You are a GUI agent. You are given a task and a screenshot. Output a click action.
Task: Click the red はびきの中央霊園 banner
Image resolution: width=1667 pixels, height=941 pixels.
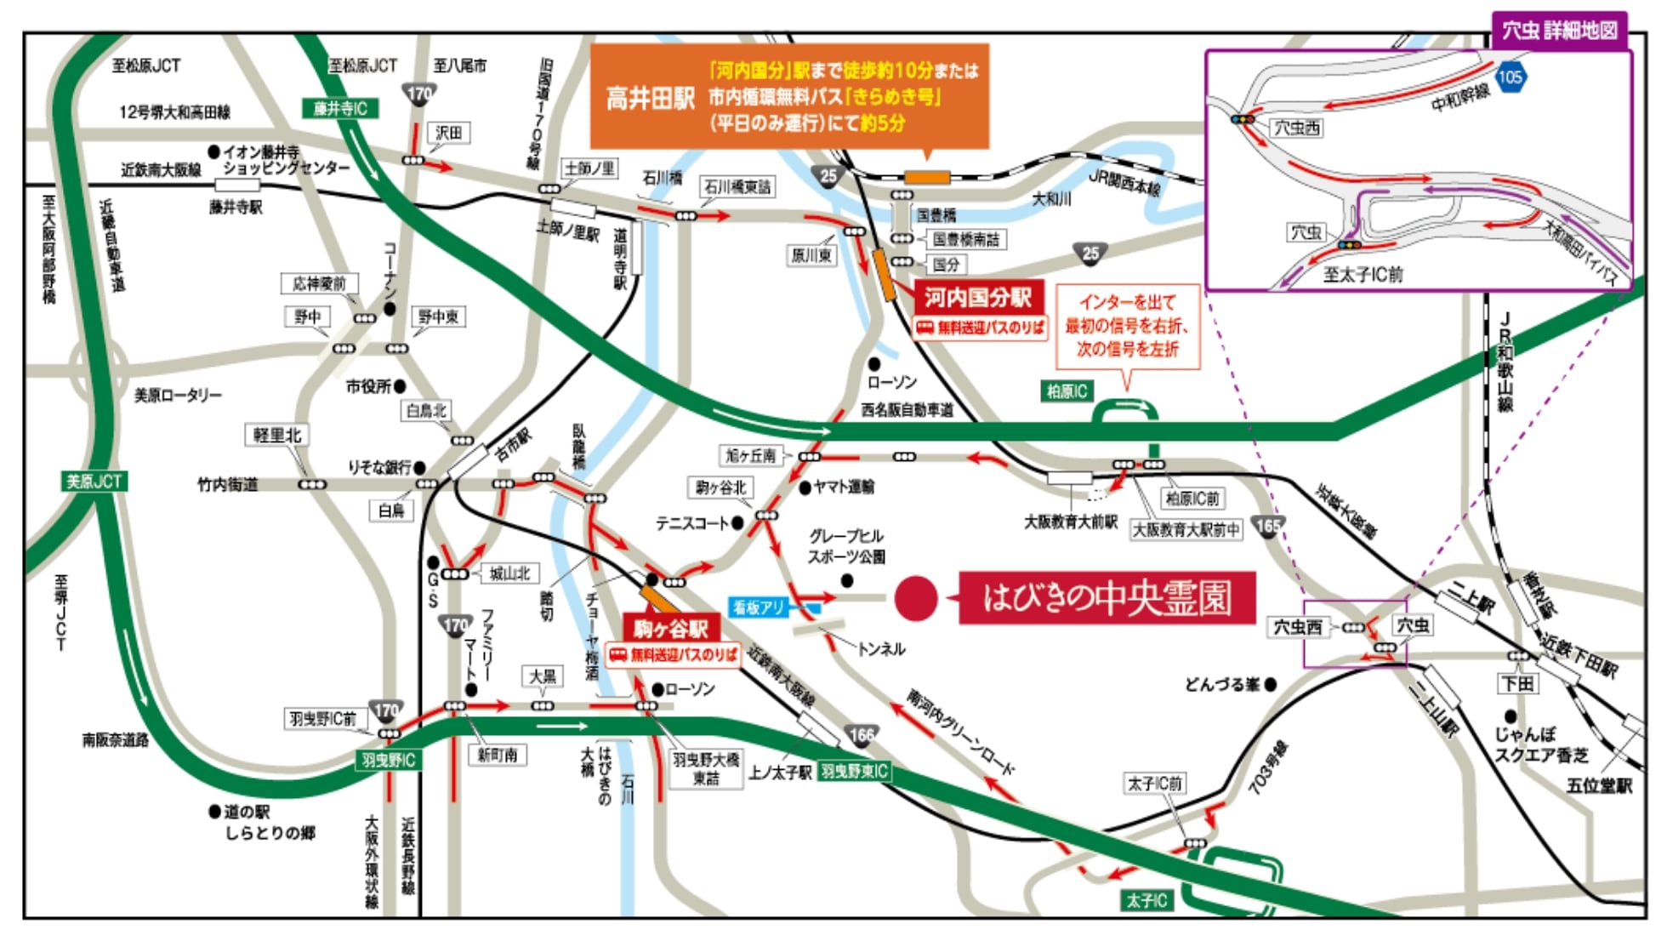coord(1107,598)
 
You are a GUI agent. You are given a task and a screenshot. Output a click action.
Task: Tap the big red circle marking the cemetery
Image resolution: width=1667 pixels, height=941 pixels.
coord(915,598)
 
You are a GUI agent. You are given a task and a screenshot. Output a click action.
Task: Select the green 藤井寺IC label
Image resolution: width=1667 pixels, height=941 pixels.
coord(339,108)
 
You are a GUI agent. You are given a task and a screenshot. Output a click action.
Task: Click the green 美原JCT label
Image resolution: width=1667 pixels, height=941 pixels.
coord(94,481)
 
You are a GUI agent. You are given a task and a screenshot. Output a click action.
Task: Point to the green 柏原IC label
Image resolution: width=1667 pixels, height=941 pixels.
coord(1067,391)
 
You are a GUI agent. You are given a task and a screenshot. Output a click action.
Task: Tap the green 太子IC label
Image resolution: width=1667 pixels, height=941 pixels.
coord(1146,900)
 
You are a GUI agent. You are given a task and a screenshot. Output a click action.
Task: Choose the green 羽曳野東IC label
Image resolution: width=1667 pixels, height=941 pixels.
coord(854,771)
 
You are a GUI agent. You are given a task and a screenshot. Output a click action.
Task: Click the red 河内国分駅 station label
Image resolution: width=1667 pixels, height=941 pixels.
coord(978,298)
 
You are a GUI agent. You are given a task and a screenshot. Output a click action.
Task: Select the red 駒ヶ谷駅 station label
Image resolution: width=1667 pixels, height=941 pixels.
coord(671,629)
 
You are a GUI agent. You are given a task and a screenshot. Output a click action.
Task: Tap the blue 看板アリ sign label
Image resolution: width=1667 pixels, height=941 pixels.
coord(759,607)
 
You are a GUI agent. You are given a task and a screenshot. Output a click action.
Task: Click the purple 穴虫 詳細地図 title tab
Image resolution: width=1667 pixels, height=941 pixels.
coord(1559,31)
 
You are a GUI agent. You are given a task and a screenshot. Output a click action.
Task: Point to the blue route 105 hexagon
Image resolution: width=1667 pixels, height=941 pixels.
coord(1510,77)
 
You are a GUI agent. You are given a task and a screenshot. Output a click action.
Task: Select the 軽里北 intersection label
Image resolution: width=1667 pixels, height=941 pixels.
coord(277,435)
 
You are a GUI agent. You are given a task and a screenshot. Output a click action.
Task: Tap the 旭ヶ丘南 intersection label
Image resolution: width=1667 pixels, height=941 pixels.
coord(750,455)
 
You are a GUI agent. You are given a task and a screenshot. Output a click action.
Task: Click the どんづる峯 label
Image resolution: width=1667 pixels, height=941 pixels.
coord(1223,684)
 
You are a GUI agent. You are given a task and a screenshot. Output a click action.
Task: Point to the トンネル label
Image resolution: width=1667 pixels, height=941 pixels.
coord(881,649)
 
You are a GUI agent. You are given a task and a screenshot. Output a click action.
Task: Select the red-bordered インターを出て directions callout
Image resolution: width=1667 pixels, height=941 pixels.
coord(1127,326)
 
